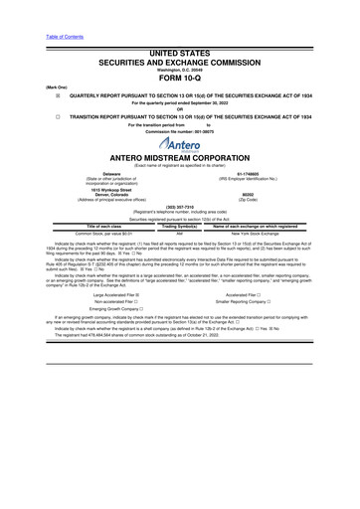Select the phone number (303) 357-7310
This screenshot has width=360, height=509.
coord(180,221)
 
